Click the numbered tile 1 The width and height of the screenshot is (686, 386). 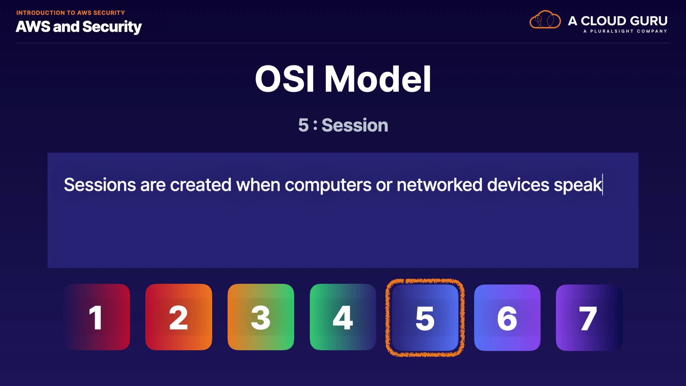96,317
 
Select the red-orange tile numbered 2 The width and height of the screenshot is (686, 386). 179,317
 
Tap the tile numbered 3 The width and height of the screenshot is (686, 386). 261,317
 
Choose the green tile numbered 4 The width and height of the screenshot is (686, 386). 343,317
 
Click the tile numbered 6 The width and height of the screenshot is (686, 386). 507,318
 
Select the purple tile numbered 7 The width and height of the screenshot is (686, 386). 589,318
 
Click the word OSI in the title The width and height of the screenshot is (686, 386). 285,79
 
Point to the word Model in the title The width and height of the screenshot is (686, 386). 378,79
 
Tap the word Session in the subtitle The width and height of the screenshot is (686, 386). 355,125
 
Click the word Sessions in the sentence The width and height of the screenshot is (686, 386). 100,185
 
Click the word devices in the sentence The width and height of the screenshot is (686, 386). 518,185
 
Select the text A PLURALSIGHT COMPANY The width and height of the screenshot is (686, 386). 625,31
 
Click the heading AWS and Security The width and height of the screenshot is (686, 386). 79,27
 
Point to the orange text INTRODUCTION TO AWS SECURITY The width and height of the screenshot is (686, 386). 70,13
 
